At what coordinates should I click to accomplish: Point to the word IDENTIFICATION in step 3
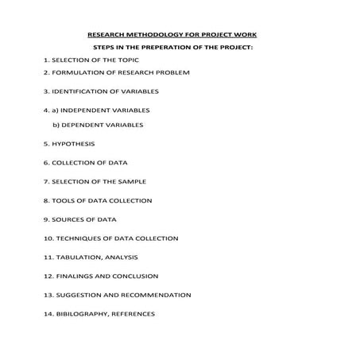pos(82,91)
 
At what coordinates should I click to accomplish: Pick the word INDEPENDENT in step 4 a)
pos(87,110)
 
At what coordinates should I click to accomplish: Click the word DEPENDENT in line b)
pos(79,125)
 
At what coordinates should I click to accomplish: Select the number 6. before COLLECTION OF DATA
pos(47,163)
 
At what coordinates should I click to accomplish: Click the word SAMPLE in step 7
pos(130,182)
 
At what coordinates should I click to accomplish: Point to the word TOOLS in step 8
pos(64,201)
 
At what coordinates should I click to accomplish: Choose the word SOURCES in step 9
pos(69,219)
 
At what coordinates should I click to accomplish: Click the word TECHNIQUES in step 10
pos(79,238)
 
